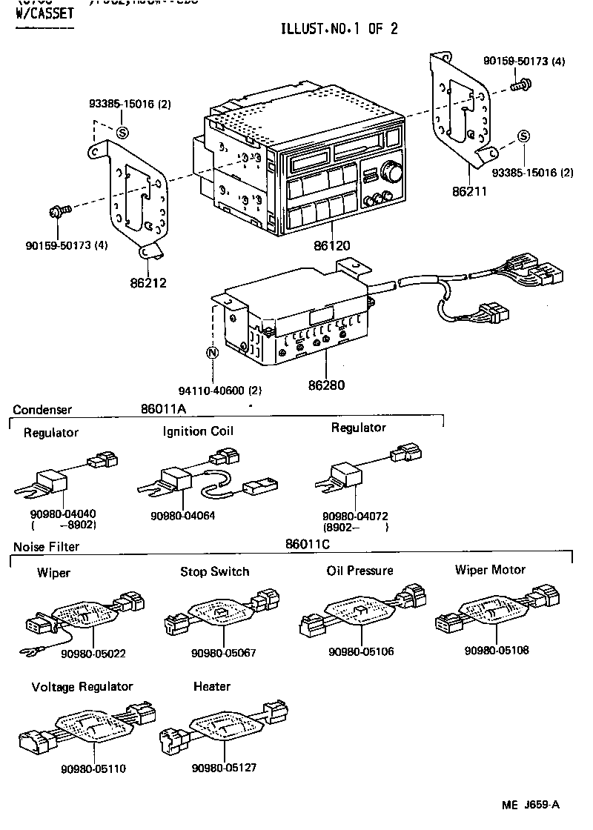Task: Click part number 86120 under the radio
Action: tap(331, 245)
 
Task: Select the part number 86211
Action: tap(470, 190)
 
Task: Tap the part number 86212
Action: tap(148, 282)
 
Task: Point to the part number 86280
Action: tap(327, 385)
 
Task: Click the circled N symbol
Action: tap(211, 353)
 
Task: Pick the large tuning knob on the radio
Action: tap(391, 173)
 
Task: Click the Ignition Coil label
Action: tap(198, 431)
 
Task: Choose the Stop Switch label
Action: tap(215, 571)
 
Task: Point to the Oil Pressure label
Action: tap(360, 571)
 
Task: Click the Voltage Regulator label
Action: tap(82, 687)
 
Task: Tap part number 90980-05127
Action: tap(224, 767)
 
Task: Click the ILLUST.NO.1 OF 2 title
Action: tap(339, 29)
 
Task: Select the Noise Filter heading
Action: tap(46, 547)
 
